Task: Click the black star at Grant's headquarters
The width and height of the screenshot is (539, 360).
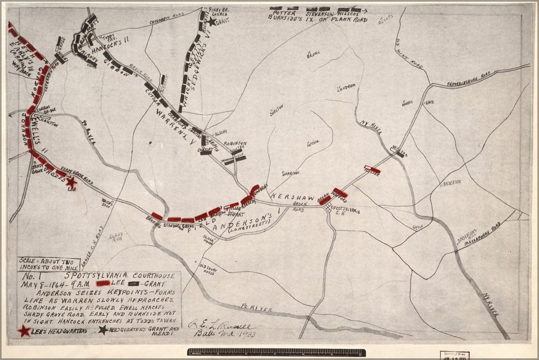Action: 212,22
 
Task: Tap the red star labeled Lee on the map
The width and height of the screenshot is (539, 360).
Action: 71,182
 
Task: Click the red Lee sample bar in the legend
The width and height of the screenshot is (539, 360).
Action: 102,283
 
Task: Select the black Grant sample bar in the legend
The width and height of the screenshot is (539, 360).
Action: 135,283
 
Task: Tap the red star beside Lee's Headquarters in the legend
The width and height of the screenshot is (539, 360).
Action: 24,331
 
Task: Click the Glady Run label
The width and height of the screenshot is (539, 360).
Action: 116,237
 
